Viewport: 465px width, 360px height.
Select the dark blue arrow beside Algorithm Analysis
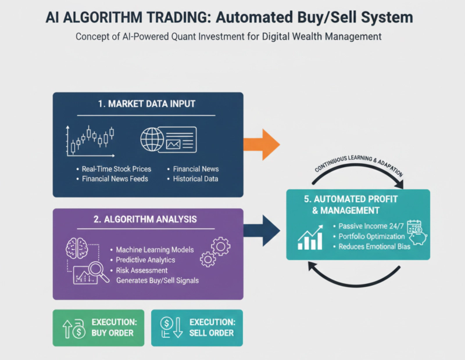(260, 228)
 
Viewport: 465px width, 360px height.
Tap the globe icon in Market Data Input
(152, 139)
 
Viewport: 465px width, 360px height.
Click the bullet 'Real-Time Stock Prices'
(116, 169)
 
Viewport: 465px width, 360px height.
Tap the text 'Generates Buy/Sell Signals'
(158, 280)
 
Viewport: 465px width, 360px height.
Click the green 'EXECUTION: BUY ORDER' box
(98, 327)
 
